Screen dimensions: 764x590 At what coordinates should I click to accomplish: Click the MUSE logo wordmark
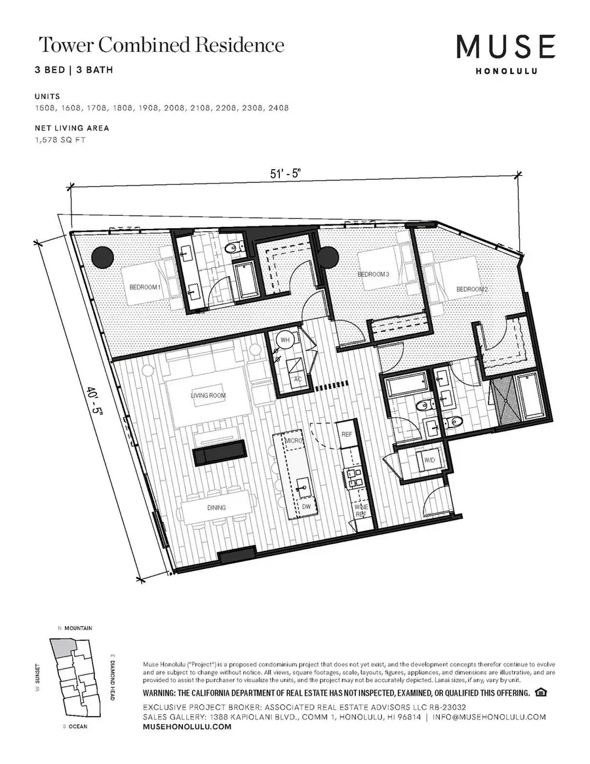click(506, 47)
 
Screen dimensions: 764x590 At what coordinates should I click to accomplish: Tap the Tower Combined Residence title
click(161, 45)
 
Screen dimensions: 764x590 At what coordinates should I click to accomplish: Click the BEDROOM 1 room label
click(145, 287)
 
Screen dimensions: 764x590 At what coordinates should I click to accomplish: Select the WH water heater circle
click(285, 341)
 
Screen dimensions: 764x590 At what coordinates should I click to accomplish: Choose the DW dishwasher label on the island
click(306, 506)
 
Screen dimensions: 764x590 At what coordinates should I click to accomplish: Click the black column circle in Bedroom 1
click(102, 257)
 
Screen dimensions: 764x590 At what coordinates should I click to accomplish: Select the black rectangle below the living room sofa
click(219, 452)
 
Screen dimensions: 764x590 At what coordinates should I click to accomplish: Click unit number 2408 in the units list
click(277, 108)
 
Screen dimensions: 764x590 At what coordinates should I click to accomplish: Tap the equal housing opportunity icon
click(541, 693)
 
